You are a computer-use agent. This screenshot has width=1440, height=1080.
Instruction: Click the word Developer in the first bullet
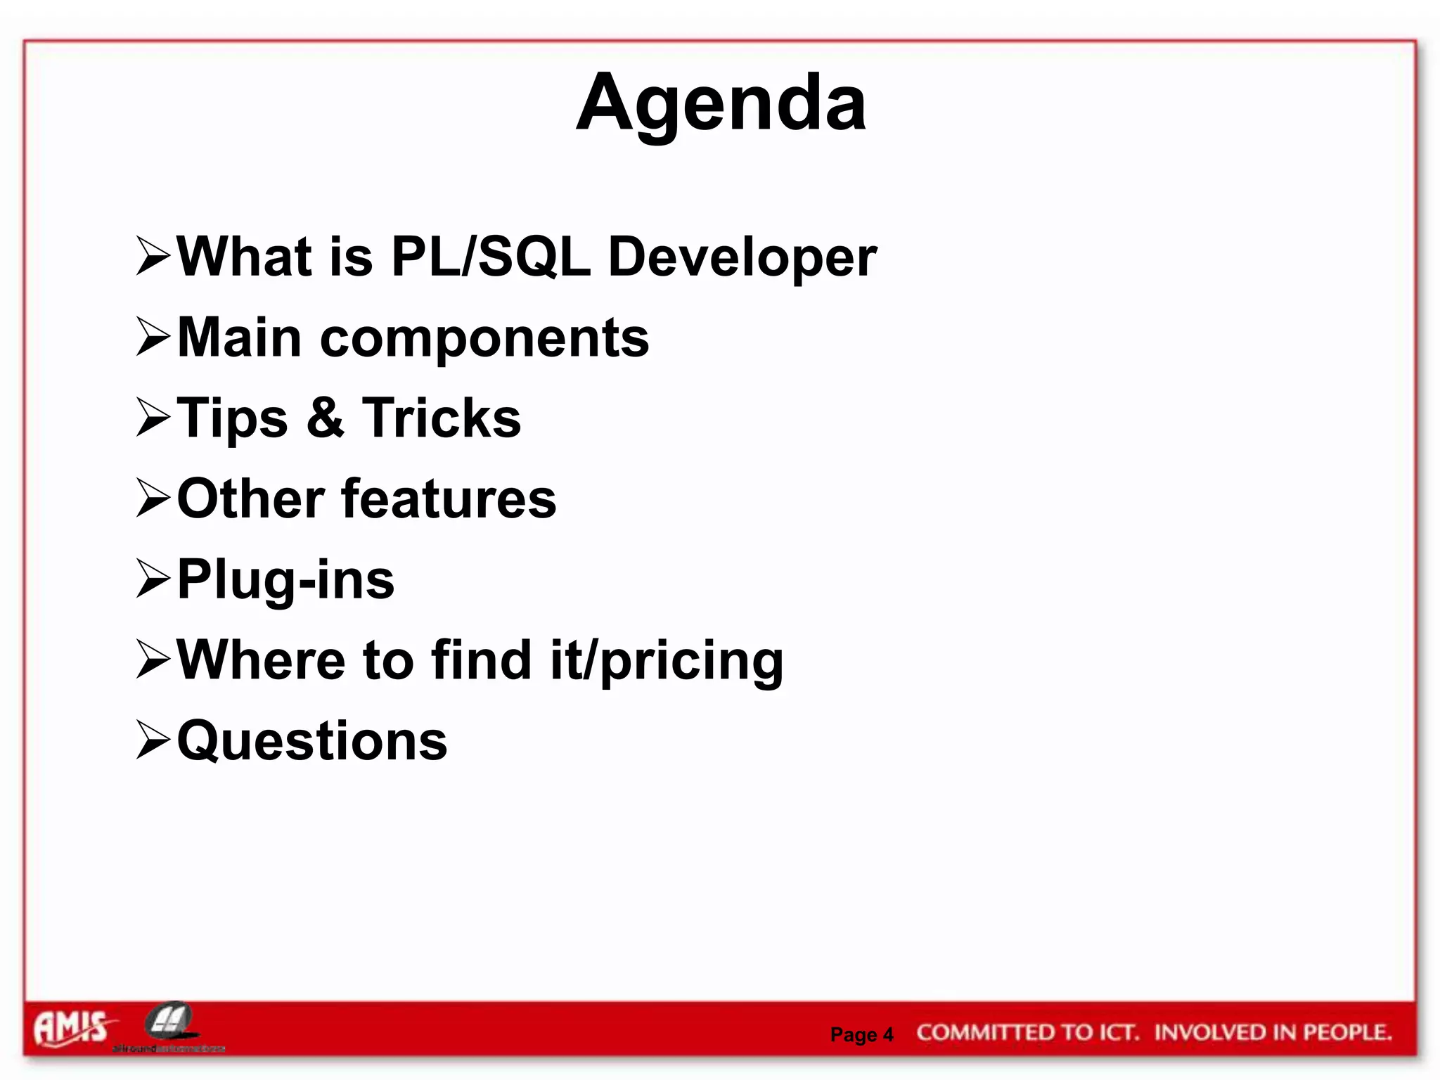[742, 258]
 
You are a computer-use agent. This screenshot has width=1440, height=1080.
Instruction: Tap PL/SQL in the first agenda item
[490, 257]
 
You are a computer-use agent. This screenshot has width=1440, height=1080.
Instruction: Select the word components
[484, 339]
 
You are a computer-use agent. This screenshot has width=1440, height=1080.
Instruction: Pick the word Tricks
[442, 418]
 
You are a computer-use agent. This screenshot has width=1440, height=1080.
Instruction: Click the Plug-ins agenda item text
[285, 581]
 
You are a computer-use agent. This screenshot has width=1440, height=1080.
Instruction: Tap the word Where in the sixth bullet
[261, 661]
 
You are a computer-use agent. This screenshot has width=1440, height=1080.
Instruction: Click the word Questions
[312, 742]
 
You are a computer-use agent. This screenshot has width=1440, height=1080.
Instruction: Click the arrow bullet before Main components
[153, 337]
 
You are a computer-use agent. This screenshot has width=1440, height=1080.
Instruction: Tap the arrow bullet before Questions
[153, 741]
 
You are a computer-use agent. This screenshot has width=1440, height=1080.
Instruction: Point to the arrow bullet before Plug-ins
[153, 579]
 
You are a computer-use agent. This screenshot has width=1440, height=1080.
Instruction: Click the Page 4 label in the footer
[861, 1035]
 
